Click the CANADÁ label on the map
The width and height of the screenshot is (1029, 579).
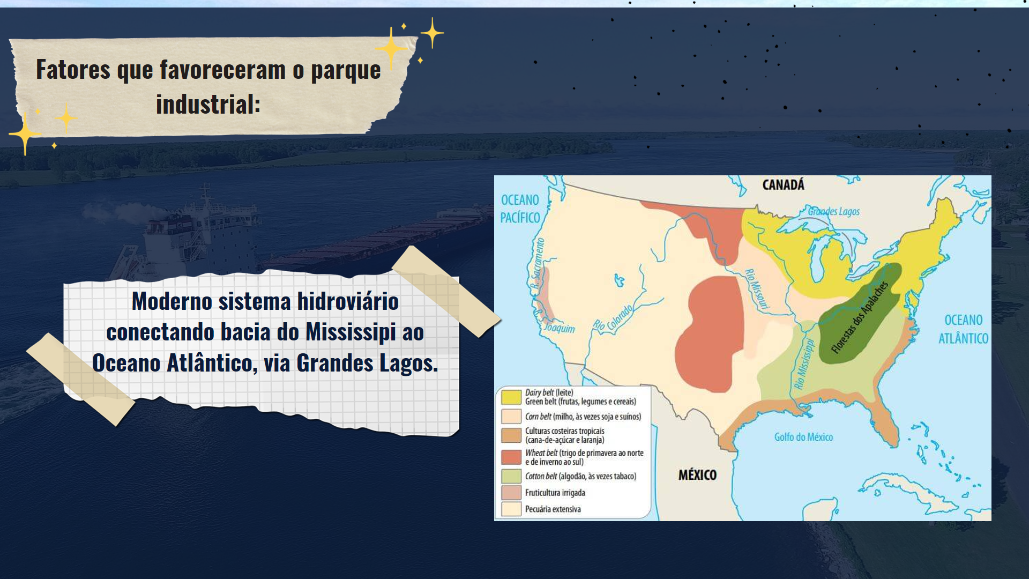pyautogui.click(x=783, y=184)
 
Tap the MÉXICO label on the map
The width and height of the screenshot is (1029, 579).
pyautogui.click(x=697, y=474)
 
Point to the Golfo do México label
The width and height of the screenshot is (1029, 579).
pyautogui.click(x=803, y=437)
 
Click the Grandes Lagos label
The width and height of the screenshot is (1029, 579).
pyautogui.click(x=834, y=211)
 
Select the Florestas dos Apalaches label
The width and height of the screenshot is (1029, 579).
pyautogui.click(x=860, y=317)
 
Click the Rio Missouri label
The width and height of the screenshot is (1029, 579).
pyautogui.click(x=756, y=289)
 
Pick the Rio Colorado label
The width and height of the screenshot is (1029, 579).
pyautogui.click(x=613, y=318)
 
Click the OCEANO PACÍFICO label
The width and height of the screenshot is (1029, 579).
pyautogui.click(x=520, y=209)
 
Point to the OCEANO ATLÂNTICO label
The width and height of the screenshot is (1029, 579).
pyautogui.click(x=963, y=329)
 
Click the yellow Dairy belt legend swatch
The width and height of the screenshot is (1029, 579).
pyautogui.click(x=511, y=397)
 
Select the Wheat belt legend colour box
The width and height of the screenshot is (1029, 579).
pyautogui.click(x=511, y=457)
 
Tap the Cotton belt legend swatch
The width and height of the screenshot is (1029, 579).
pyautogui.click(x=511, y=476)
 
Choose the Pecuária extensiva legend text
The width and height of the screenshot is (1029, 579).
pyautogui.click(x=553, y=509)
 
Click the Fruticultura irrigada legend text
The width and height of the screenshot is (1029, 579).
pyautogui.click(x=555, y=493)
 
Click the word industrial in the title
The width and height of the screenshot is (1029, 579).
pyautogui.click(x=208, y=104)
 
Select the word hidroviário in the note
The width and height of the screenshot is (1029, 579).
pyautogui.click(x=348, y=301)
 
